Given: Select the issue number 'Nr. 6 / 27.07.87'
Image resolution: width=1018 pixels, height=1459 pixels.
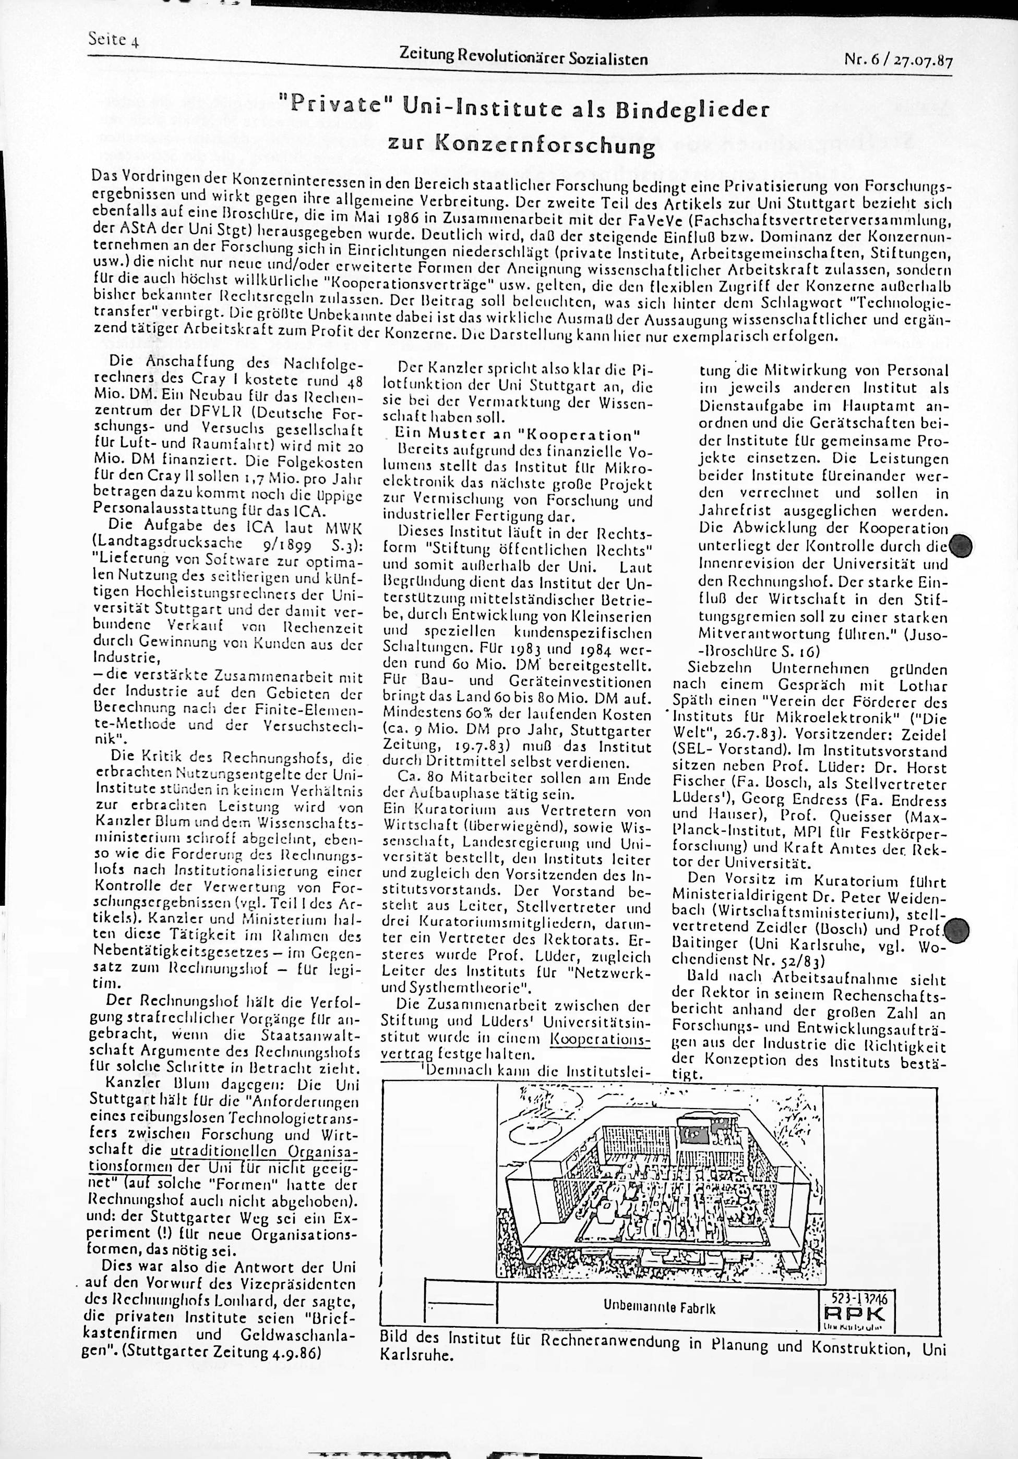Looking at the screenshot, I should coord(900,60).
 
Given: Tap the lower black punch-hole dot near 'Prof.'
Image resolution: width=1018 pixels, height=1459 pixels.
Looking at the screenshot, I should coord(957,931).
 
